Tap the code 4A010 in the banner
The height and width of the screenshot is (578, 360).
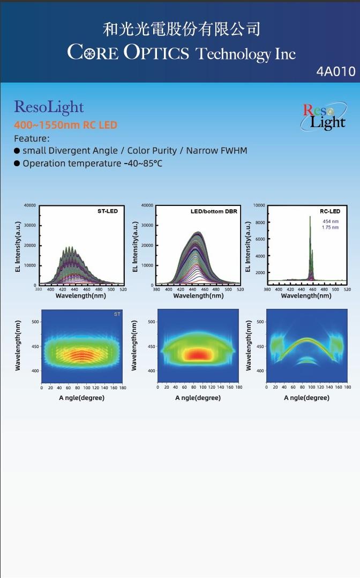(x=335, y=71)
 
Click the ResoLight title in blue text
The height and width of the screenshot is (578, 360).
(x=49, y=107)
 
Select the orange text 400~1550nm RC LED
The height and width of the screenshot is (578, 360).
(x=65, y=125)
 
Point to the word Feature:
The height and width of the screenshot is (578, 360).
(x=32, y=138)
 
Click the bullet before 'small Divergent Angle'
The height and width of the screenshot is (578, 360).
(x=17, y=151)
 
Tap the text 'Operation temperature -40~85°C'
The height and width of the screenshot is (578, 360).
(x=92, y=164)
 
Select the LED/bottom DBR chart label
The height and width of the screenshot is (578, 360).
(x=214, y=211)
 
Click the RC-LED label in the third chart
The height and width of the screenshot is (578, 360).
(x=331, y=211)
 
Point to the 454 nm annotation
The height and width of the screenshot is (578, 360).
(x=330, y=221)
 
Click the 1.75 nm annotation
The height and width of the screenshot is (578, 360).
(x=330, y=227)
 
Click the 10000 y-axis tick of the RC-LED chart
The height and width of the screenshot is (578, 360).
(x=259, y=205)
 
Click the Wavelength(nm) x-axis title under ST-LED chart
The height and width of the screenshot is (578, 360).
(x=80, y=295)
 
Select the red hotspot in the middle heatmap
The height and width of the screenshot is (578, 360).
(x=199, y=354)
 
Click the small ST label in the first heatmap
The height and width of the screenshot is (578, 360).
(x=117, y=314)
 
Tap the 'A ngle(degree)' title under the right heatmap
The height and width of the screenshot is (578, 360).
(x=306, y=398)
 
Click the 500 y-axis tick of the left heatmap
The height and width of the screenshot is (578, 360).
(x=34, y=322)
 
